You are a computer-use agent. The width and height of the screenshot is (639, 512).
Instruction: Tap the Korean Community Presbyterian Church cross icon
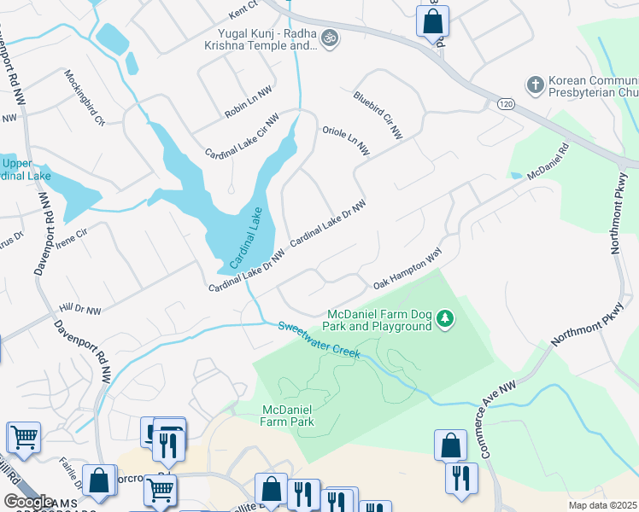(535, 85)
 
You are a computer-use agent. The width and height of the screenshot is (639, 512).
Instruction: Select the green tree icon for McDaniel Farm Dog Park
(444, 319)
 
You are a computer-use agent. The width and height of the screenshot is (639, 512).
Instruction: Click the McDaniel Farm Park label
(288, 416)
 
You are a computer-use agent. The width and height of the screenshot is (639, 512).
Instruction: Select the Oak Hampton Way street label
(406, 268)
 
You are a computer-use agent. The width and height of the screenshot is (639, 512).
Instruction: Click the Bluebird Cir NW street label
(378, 114)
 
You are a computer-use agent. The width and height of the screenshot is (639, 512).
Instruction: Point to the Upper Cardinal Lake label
(26, 170)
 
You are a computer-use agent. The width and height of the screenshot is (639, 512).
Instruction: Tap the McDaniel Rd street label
(548, 161)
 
